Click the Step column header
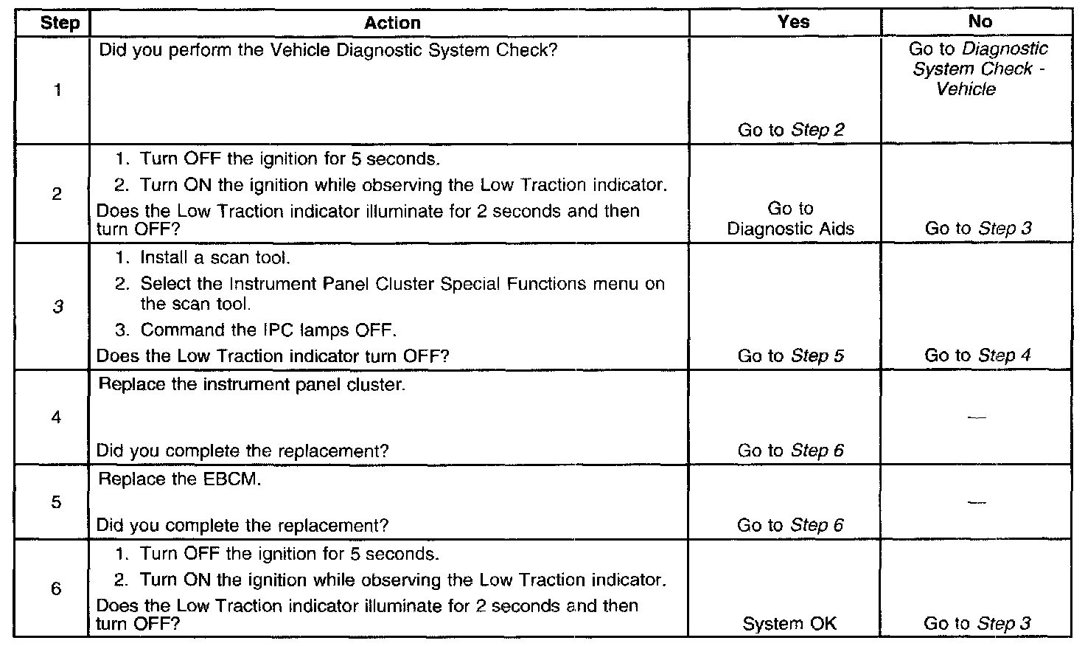[x=60, y=23]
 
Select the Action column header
[x=392, y=23]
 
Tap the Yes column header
[x=793, y=22]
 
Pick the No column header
[x=980, y=22]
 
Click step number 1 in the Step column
[x=57, y=91]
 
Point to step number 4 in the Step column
[x=57, y=417]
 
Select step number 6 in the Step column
[x=57, y=588]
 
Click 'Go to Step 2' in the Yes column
[x=791, y=131]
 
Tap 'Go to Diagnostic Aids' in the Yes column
[x=791, y=219]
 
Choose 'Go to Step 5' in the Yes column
[x=791, y=356]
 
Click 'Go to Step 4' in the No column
[x=977, y=355]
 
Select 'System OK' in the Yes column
[x=789, y=624]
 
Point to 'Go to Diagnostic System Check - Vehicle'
[x=977, y=69]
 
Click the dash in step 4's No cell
[x=977, y=417]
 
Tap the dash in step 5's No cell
[x=977, y=502]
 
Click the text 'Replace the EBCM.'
[x=180, y=479]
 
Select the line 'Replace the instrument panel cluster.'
[x=251, y=385]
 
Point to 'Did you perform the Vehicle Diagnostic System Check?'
[x=327, y=51]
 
